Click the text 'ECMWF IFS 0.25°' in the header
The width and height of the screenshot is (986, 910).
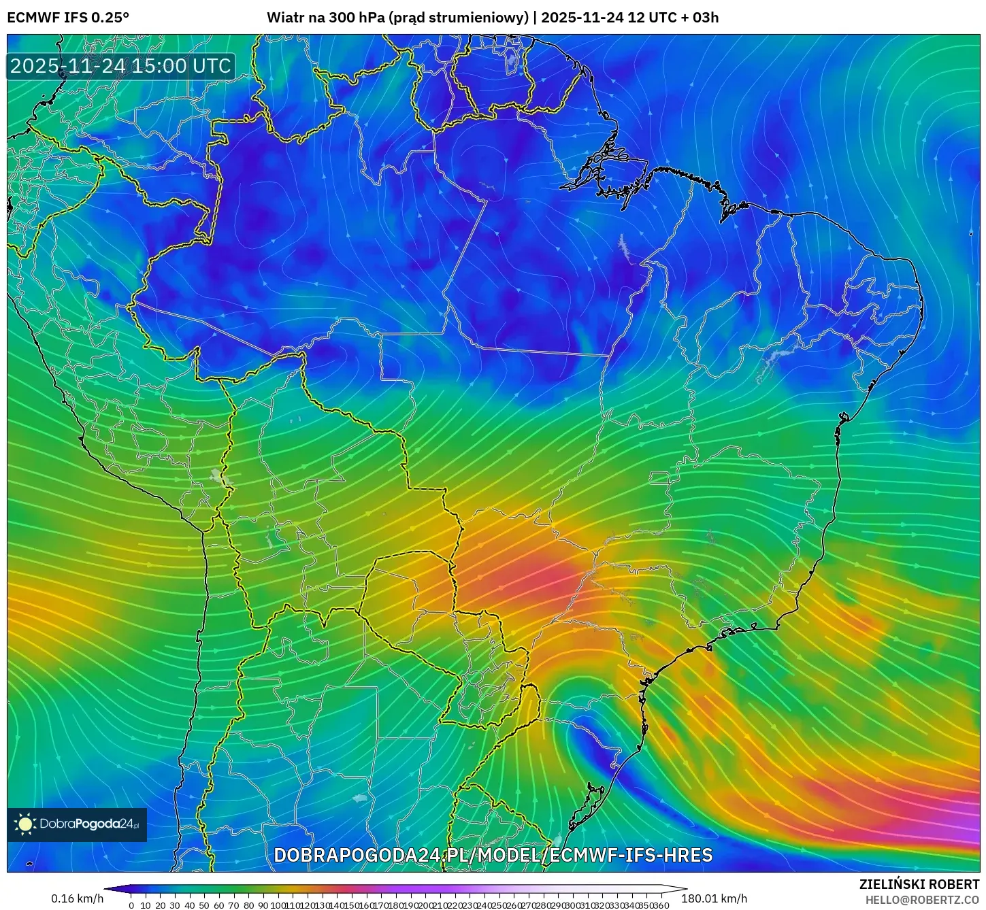point(68,17)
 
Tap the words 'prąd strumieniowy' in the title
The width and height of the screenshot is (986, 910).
point(459,17)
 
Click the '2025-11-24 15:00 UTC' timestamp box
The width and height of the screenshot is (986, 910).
point(121,66)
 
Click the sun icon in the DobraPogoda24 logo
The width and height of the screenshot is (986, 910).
point(25,824)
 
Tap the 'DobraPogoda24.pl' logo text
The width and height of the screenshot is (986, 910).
point(88,824)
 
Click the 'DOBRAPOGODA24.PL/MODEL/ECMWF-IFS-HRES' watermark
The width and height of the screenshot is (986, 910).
point(493,855)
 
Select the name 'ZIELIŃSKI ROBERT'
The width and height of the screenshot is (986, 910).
point(919,884)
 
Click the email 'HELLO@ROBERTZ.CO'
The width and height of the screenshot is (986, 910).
point(922,900)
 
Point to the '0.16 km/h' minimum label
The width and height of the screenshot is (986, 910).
point(77,898)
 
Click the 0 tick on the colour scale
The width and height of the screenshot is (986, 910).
point(131,905)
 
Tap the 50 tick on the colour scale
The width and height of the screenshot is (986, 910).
point(204,905)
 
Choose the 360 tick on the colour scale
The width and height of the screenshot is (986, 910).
point(661,905)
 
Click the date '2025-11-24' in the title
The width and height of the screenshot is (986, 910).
point(582,17)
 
